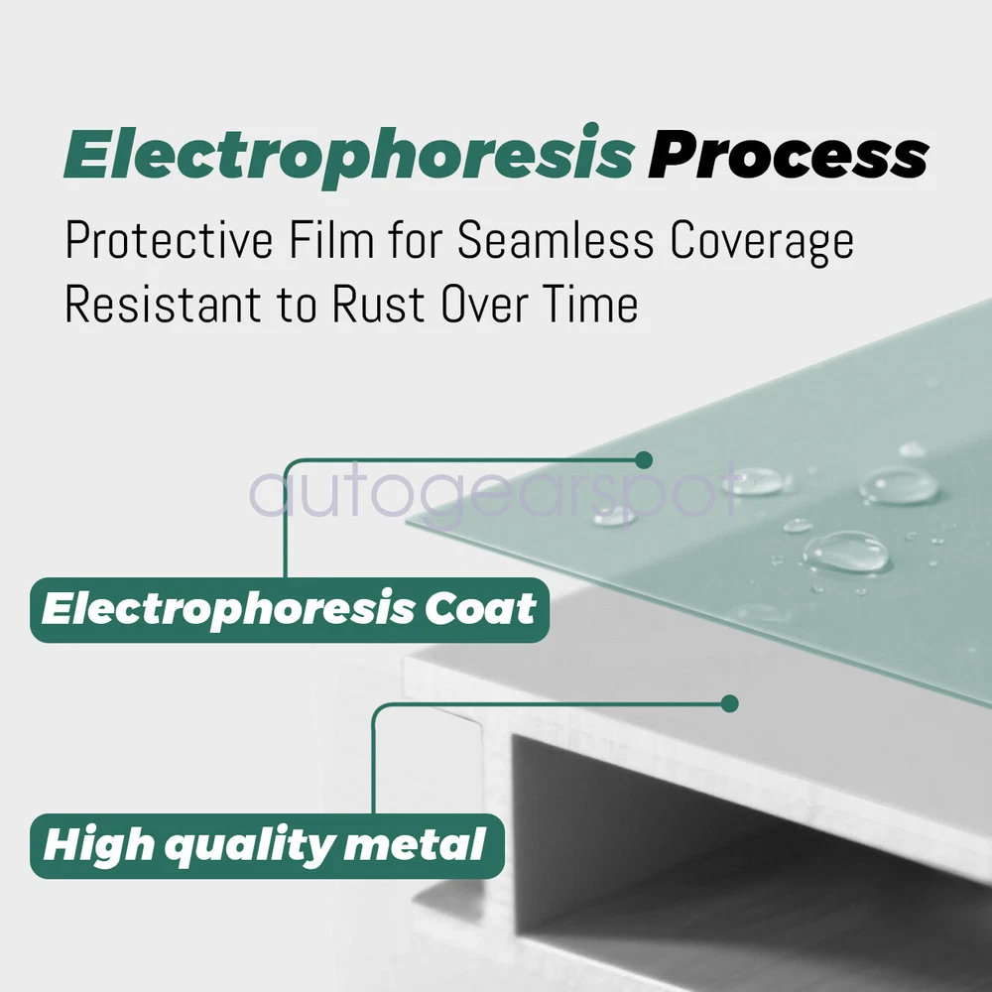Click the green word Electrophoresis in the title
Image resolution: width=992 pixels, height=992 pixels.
click(x=348, y=156)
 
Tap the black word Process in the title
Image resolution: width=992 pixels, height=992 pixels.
click(x=789, y=156)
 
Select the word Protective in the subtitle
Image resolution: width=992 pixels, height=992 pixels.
click(x=170, y=240)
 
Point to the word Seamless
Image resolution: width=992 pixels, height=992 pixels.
click(x=556, y=240)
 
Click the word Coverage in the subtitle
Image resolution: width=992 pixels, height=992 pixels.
click(x=762, y=242)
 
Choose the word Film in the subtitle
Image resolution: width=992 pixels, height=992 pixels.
click(x=331, y=240)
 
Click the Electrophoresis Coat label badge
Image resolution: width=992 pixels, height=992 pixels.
click(x=289, y=610)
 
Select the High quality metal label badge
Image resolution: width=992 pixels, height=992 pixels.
click(x=267, y=846)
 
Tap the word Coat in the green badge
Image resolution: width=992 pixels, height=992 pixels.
click(x=480, y=609)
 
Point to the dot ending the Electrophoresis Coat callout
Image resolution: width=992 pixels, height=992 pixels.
click(x=644, y=460)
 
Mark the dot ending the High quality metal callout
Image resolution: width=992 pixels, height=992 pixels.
click(x=729, y=703)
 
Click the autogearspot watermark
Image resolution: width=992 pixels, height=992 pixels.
click(x=494, y=493)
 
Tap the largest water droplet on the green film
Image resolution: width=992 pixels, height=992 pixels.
click(x=846, y=552)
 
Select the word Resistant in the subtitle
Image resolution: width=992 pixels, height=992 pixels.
click(x=164, y=304)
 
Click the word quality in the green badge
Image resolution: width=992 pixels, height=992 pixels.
click(x=249, y=847)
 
